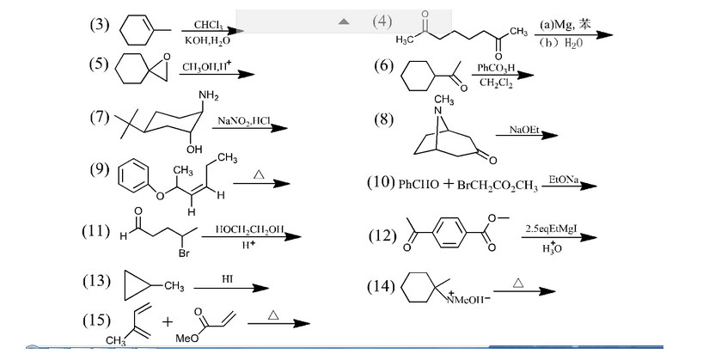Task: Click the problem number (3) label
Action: (x=100, y=26)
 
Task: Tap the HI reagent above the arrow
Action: (x=228, y=279)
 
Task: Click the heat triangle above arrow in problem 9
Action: (x=258, y=174)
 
